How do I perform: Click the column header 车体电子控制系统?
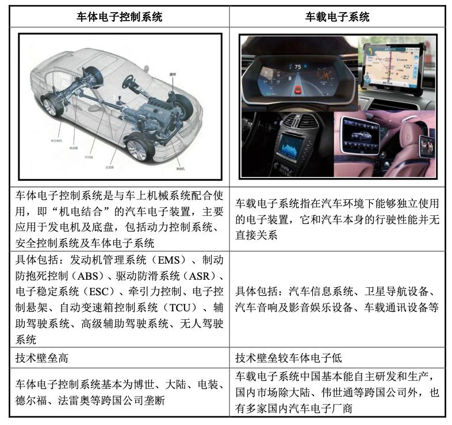click(x=120, y=17)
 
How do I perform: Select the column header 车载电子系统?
click(x=337, y=17)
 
